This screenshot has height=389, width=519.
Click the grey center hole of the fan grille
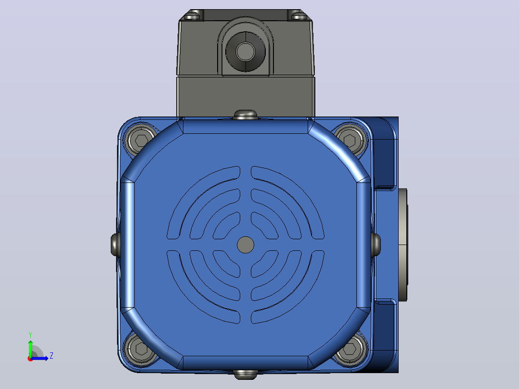(246, 245)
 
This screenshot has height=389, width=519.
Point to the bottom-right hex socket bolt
(350, 349)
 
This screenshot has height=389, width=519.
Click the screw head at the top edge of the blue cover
(245, 115)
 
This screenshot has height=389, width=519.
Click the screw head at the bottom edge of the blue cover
(245, 375)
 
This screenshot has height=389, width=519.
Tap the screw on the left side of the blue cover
(115, 245)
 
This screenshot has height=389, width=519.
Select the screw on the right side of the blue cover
(376, 245)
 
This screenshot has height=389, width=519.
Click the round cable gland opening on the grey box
(245, 52)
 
